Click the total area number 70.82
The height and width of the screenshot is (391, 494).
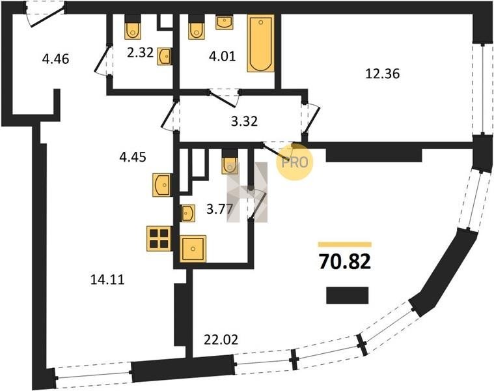(345, 261)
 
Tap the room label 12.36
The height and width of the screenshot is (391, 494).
(383, 74)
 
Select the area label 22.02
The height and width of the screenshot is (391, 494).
(221, 340)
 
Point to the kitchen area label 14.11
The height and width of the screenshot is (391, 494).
(107, 280)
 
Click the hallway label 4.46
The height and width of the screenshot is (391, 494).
(55, 59)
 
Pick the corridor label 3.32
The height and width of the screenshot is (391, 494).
(244, 121)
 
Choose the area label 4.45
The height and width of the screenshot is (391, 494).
(133, 156)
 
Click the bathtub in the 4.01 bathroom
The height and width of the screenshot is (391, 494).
(260, 43)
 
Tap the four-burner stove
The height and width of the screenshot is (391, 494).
(159, 239)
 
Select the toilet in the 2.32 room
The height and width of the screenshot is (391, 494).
(133, 27)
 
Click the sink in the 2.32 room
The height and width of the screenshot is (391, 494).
(165, 57)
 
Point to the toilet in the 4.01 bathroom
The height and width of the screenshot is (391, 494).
(197, 27)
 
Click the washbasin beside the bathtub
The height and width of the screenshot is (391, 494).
(225, 22)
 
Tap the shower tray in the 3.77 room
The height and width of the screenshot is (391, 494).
(193, 249)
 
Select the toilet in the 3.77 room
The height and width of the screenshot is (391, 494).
(230, 162)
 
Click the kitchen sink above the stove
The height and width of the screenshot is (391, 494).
(162, 185)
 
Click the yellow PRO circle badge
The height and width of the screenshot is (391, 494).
(295, 162)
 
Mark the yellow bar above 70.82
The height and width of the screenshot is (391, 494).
(345, 244)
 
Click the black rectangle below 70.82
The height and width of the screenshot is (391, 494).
(347, 295)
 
